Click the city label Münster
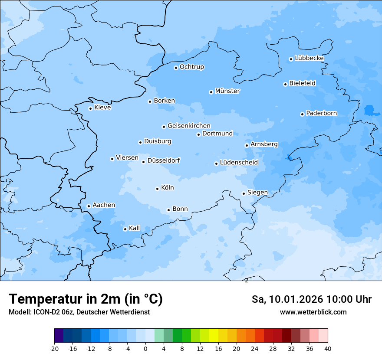click(x=227, y=91)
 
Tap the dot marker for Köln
click(x=157, y=189)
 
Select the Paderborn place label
click(x=321, y=113)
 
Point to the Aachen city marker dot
click(x=89, y=206)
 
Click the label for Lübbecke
click(x=309, y=58)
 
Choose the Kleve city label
click(x=102, y=108)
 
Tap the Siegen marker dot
click(x=244, y=193)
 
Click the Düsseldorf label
click(x=164, y=160)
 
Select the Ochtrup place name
click(x=191, y=67)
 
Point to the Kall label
click(x=134, y=228)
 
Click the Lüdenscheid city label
click(x=239, y=163)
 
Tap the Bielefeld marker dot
click(x=285, y=84)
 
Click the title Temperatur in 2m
click(x=86, y=299)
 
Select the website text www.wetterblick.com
click(x=313, y=312)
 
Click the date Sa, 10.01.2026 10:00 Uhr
click(x=311, y=299)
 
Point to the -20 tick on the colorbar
click(x=54, y=348)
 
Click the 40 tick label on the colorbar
click(x=328, y=348)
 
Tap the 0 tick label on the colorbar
click(x=145, y=348)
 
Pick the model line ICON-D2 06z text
click(x=79, y=312)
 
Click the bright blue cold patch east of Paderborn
click(x=369, y=110)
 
